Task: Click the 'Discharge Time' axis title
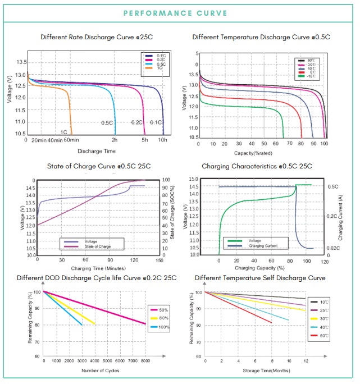[97, 151]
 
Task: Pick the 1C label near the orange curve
[64, 132]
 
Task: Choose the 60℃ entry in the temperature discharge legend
[311, 60]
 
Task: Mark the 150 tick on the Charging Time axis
[160, 260]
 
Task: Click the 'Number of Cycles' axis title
[96, 371]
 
